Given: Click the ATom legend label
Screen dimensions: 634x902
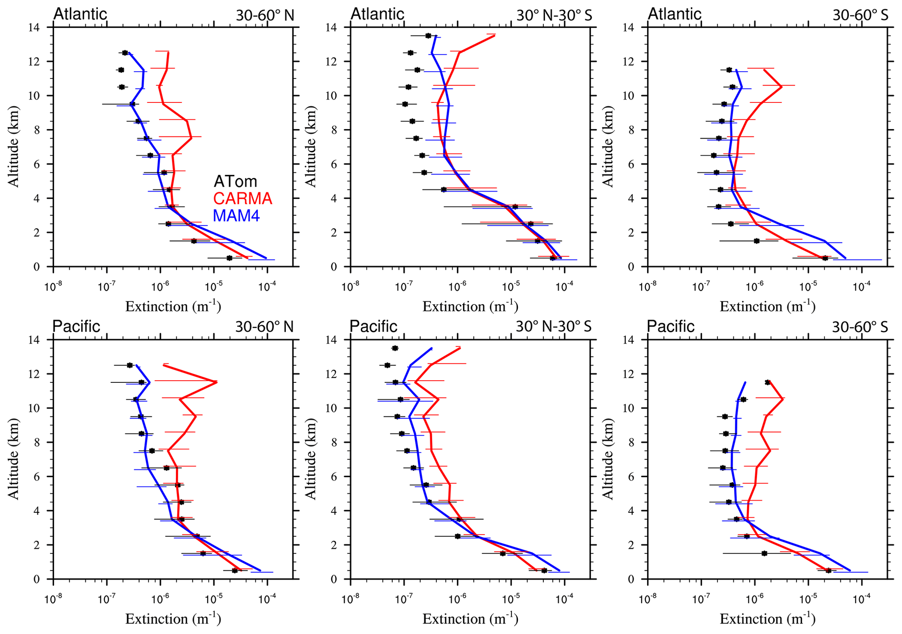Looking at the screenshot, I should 235,181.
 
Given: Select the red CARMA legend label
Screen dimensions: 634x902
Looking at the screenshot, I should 243,199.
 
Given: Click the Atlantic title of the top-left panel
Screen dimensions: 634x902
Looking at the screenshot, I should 80,14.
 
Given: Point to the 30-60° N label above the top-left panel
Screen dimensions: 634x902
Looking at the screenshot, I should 265,15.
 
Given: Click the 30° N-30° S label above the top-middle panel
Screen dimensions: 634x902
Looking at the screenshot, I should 554,15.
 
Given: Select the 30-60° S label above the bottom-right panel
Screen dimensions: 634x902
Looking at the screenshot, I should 860,327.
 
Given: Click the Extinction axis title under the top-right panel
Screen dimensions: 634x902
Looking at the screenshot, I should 767,307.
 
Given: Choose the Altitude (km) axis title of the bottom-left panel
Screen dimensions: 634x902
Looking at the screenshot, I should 14,459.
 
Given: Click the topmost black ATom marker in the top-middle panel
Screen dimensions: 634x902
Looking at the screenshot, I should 428,36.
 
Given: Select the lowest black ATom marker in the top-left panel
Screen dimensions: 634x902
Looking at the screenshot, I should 230,258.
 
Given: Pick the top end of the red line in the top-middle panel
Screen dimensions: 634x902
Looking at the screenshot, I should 494,35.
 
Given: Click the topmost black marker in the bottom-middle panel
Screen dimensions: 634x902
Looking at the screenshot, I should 395,348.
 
